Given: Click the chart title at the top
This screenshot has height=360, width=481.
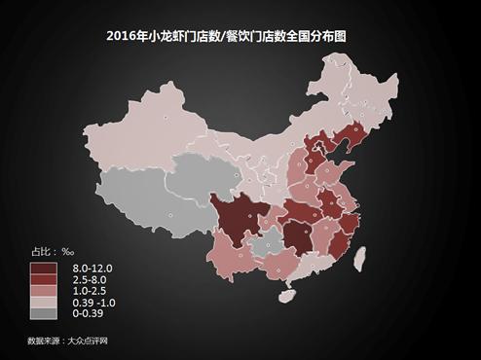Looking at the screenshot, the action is tap(240, 36).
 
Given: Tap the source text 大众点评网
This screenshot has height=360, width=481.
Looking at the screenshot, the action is tap(87, 341).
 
